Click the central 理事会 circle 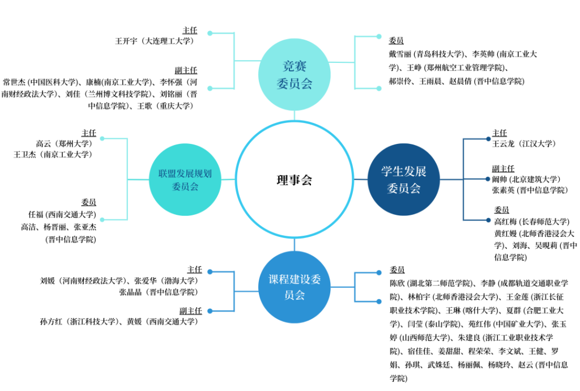coord(294,180)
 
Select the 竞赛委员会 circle coord(294,74)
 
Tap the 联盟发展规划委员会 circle coord(185,180)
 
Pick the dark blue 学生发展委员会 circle coord(403,180)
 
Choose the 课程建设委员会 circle coord(294,287)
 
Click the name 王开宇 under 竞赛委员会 coord(126,41)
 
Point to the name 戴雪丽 coord(400,54)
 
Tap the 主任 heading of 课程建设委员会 coord(194,269)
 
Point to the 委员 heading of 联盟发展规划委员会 coord(88,202)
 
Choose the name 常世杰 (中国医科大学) coord(15,82)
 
